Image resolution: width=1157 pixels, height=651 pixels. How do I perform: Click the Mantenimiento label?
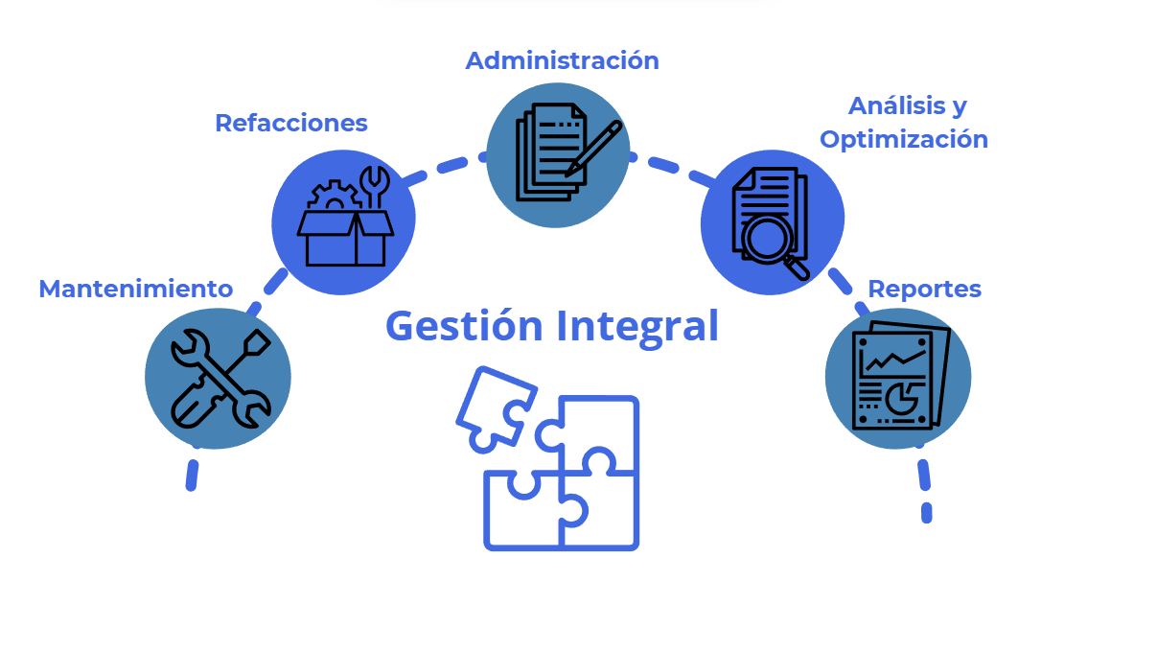(135, 289)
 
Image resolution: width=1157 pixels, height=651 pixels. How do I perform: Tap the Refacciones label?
(290, 123)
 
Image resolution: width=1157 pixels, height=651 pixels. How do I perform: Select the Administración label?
(562, 60)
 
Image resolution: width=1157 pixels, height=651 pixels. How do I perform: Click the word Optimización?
(903, 139)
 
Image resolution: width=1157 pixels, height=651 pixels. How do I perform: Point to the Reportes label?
(924, 289)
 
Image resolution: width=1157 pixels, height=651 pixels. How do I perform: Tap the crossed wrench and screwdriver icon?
(219, 378)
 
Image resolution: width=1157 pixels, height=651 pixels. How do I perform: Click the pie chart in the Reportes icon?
(900, 395)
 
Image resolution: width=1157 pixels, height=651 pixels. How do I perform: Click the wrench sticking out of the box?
(373, 186)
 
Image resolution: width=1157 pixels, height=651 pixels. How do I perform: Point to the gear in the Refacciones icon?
(332, 198)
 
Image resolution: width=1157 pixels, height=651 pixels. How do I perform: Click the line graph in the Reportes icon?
(894, 360)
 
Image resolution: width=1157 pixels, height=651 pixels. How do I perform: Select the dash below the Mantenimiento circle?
(192, 475)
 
